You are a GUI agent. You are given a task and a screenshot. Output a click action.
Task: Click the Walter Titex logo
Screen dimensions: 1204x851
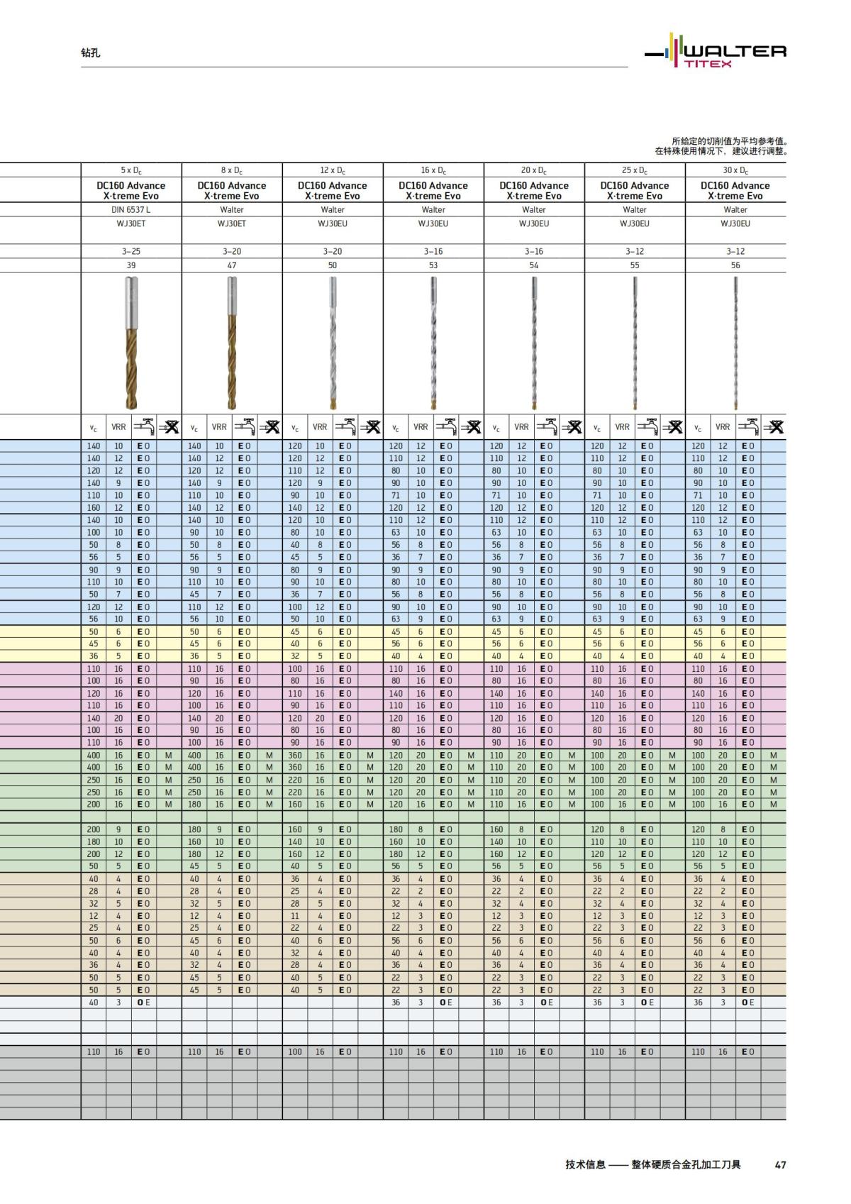[x=716, y=52]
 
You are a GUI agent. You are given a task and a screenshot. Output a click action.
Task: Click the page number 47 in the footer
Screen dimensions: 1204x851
[x=780, y=1165]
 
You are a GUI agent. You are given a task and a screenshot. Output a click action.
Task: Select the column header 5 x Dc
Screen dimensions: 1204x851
[x=131, y=170]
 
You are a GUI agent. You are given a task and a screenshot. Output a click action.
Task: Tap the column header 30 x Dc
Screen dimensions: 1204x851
[x=735, y=170]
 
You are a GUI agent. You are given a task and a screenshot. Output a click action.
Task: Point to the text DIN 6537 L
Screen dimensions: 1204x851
[x=131, y=210]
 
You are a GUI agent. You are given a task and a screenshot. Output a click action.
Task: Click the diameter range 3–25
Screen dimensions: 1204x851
[x=131, y=251]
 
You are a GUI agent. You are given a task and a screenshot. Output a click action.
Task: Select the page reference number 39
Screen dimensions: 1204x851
[x=131, y=265]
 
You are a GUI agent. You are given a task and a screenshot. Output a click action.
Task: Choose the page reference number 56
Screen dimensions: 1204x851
[x=735, y=265]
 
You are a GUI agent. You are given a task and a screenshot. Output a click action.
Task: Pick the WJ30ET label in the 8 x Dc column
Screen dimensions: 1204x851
[x=232, y=223]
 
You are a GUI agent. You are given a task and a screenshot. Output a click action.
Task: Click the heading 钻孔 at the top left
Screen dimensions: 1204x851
[x=91, y=53]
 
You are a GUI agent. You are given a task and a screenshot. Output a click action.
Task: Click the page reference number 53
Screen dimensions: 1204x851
[x=433, y=265]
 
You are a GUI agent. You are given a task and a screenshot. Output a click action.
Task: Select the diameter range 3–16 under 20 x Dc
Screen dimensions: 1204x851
[x=534, y=251]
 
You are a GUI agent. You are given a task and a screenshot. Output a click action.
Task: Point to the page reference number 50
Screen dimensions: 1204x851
[x=333, y=265]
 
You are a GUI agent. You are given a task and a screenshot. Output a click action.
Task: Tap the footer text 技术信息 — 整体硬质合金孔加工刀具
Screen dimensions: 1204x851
[x=652, y=1165]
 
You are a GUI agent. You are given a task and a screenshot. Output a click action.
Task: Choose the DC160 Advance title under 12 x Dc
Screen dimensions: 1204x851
[x=333, y=186]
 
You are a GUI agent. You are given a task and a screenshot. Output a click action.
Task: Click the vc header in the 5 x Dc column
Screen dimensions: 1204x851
[x=94, y=428]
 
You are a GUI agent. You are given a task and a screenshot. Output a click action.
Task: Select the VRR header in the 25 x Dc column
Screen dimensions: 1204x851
[x=622, y=427]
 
